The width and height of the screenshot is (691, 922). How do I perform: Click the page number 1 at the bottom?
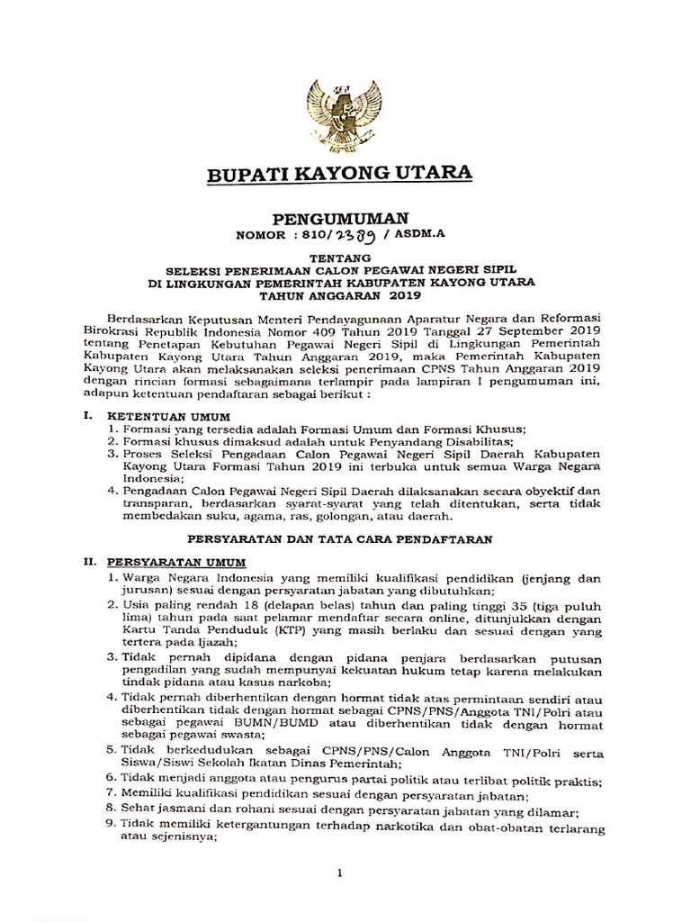(x=340, y=872)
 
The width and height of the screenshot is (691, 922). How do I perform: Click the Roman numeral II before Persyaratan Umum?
(x=87, y=561)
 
